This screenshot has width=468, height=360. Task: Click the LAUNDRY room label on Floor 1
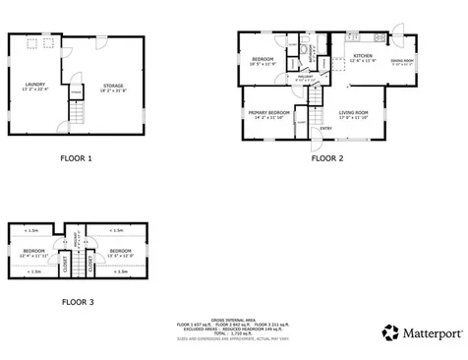[x=34, y=86]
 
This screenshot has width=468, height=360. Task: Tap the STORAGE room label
[x=113, y=86]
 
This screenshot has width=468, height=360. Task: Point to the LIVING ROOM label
[x=354, y=113]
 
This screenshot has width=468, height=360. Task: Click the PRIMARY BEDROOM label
[x=268, y=113]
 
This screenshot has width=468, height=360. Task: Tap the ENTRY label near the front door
[x=325, y=128]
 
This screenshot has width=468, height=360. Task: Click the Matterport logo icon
[x=390, y=331]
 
